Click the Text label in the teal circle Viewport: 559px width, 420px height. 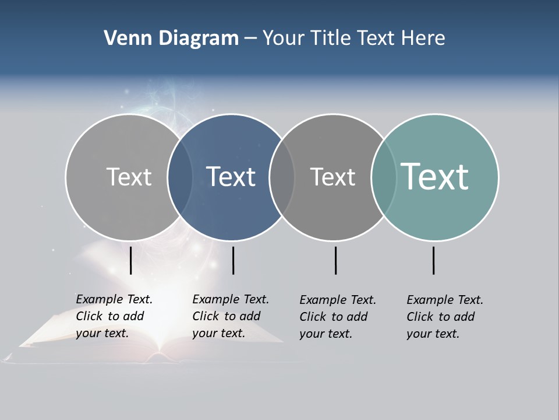[x=435, y=176]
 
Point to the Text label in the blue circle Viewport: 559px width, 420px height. [x=231, y=177]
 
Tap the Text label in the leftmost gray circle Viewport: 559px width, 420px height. [x=129, y=177]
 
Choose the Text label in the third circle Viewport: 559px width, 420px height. [x=332, y=177]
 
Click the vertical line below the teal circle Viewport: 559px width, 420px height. [x=434, y=260]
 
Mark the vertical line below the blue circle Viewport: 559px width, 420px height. [x=233, y=260]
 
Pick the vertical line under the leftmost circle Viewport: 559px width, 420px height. [x=131, y=260]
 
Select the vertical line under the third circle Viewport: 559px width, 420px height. [x=336, y=260]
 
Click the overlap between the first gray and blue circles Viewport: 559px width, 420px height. [x=180, y=177]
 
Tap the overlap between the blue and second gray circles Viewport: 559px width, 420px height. [x=282, y=177]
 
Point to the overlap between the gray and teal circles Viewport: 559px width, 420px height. [x=384, y=177]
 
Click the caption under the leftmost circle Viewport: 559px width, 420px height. [x=114, y=316]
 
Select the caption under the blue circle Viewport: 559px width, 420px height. [x=231, y=316]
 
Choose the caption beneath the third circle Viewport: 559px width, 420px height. [x=338, y=317]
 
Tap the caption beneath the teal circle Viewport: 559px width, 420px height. [x=445, y=317]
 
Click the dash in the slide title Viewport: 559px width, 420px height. [x=250, y=39]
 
